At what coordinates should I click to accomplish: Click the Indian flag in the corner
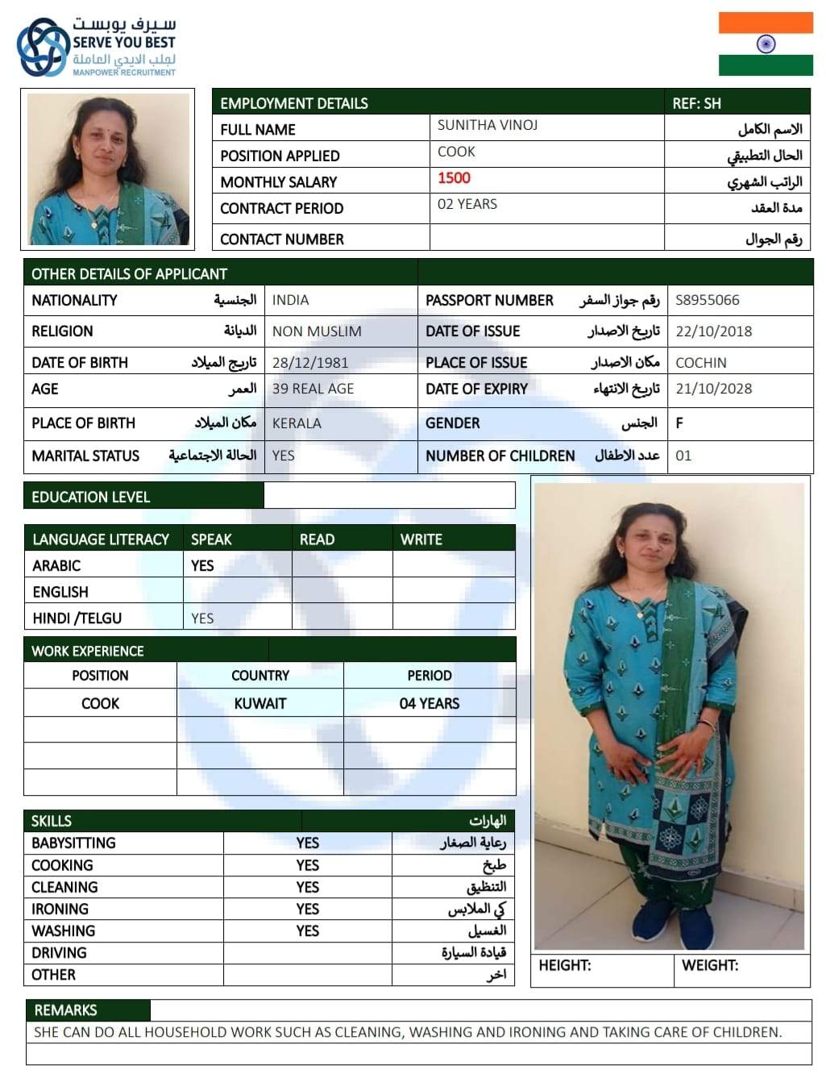pyautogui.click(x=766, y=44)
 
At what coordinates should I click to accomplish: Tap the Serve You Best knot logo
pyautogui.click(x=43, y=47)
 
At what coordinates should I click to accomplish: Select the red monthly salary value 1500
pyautogui.click(x=454, y=178)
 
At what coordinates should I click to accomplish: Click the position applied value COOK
pyautogui.click(x=456, y=152)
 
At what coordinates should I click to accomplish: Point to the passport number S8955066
pyautogui.click(x=707, y=300)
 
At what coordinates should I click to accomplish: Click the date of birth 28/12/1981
pyautogui.click(x=310, y=362)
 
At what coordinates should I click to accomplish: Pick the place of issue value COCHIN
pyautogui.click(x=700, y=363)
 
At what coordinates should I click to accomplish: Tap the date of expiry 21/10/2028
pyautogui.click(x=713, y=389)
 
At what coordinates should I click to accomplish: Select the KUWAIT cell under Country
pyautogui.click(x=259, y=703)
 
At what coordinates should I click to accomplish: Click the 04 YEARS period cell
pyautogui.click(x=429, y=703)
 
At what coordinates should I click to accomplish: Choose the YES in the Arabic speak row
pyautogui.click(x=202, y=565)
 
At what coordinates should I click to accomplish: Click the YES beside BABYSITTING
pyautogui.click(x=307, y=843)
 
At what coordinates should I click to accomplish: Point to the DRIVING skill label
pyautogui.click(x=59, y=952)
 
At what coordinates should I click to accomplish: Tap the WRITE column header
pyautogui.click(x=421, y=539)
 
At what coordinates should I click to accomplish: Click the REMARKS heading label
pyautogui.click(x=65, y=1009)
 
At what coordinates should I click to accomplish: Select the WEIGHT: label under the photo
pyautogui.click(x=709, y=965)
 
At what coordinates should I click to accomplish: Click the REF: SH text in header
pyautogui.click(x=696, y=103)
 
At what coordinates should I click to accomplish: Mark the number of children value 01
pyautogui.click(x=683, y=456)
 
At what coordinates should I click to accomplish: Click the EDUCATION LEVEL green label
pyautogui.click(x=90, y=497)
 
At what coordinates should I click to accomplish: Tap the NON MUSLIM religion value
pyautogui.click(x=317, y=331)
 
